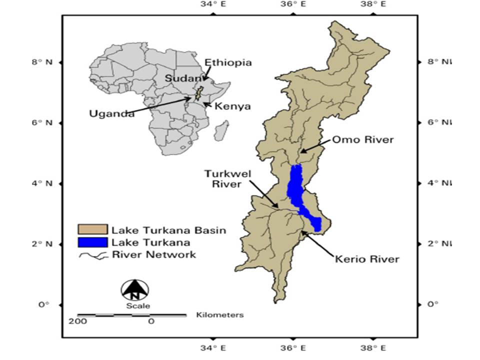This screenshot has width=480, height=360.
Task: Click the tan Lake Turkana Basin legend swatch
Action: [x=92, y=230]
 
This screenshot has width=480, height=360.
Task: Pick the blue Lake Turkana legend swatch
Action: [x=92, y=242]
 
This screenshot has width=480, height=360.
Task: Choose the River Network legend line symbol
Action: [x=92, y=255]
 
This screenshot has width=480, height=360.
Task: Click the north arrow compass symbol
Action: [x=134, y=289]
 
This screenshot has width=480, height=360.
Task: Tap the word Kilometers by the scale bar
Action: [x=220, y=315]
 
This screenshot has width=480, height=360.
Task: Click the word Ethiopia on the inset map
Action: [x=228, y=63]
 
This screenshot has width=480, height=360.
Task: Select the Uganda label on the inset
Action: [x=111, y=113]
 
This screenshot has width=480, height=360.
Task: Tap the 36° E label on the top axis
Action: [x=294, y=4]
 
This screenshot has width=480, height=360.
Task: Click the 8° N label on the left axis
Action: [x=42, y=62]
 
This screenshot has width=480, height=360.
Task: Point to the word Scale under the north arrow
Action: [x=134, y=305]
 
